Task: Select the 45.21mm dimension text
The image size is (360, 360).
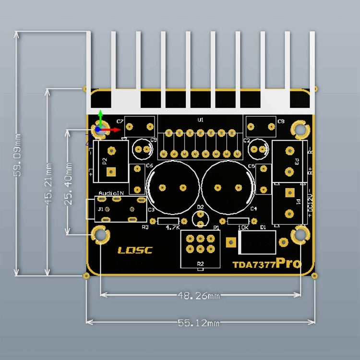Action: pos(48,183)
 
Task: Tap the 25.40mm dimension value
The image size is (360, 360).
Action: pos(70,182)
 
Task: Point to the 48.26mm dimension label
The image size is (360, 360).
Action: pos(199,296)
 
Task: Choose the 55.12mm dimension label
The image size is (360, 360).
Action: pos(199,323)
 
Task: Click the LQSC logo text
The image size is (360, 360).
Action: pos(135,250)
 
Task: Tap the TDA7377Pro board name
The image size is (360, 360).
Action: pos(267,264)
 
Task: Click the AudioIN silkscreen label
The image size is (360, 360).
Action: pos(111,192)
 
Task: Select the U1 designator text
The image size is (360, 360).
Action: pos(201,120)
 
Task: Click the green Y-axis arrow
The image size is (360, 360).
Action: pos(100,116)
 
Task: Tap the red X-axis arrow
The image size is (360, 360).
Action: pos(114,129)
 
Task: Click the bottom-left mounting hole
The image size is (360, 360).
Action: pos(100,235)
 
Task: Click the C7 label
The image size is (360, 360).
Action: pos(120,121)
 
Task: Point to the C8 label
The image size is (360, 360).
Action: pos(281,121)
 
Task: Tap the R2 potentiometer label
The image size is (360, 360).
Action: pos(200,264)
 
